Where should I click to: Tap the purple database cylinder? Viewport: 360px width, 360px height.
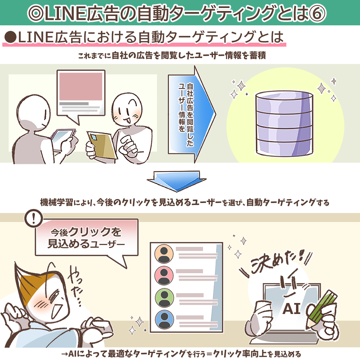pos(284,124)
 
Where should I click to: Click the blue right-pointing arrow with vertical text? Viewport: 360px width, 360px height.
pos(192,114)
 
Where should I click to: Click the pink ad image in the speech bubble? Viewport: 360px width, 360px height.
pos(81,86)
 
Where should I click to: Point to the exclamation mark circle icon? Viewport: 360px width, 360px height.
pos(34,218)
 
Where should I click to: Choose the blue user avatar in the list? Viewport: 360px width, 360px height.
pos(164,319)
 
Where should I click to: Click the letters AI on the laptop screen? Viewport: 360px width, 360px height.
pos(291,309)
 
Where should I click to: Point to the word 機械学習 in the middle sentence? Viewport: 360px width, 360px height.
pos(57,202)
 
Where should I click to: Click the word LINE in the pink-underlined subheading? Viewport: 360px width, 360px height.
pos(36,37)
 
